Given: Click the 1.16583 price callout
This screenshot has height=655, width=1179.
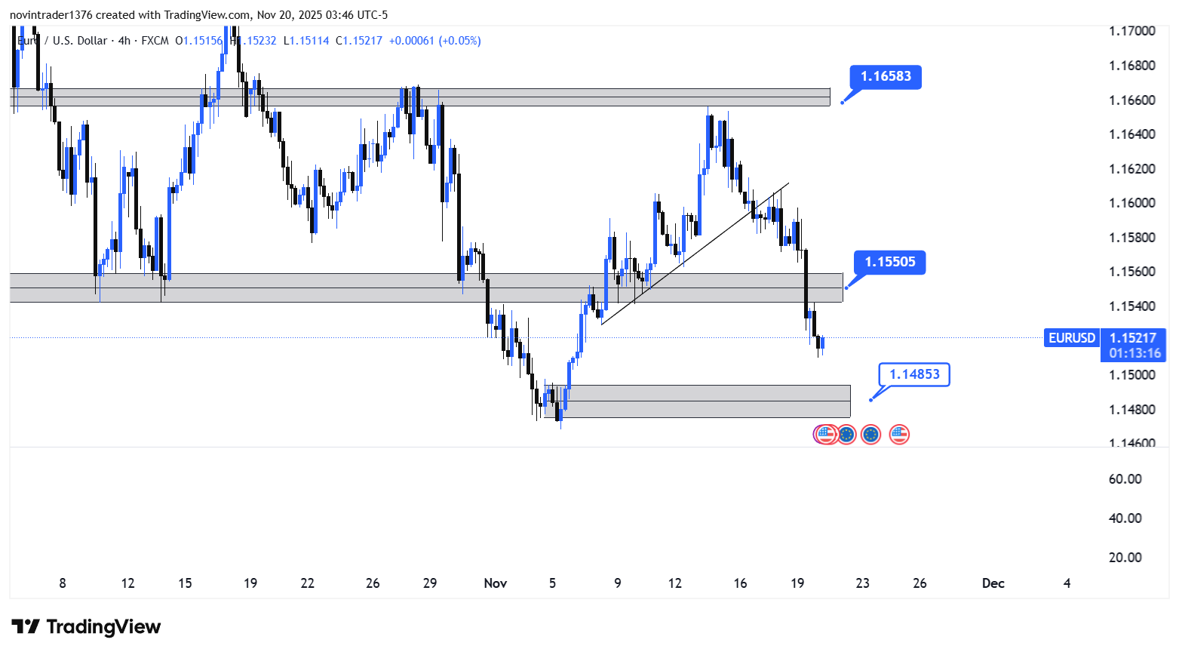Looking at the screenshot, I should click(886, 77).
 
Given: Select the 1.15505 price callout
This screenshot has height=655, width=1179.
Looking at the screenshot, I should click(889, 263).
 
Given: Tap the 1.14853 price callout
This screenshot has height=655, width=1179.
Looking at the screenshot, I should click(914, 374).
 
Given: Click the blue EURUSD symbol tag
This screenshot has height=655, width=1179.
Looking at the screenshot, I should click(1071, 338).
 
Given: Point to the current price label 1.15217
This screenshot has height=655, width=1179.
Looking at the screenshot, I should click(1133, 338).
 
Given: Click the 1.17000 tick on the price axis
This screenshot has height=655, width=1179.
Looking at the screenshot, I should click(1131, 31).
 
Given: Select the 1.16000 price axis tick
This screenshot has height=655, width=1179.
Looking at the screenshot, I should click(1131, 203).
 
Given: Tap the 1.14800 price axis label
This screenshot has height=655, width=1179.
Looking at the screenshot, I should click(1131, 410).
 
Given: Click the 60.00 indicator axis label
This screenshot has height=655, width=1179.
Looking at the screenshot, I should click(1125, 479).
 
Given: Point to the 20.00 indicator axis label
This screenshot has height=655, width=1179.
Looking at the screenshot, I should click(1125, 558).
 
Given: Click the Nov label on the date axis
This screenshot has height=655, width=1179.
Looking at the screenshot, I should click(496, 583).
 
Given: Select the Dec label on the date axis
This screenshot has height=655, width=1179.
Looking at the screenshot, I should click(993, 583).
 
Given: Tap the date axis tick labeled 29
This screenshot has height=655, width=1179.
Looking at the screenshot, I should click(430, 583).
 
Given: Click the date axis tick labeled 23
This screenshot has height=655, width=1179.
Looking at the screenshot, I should click(862, 583).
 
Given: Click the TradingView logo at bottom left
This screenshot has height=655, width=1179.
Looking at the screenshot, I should click(86, 627).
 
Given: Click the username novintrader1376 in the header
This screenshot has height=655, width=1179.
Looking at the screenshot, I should click(51, 15).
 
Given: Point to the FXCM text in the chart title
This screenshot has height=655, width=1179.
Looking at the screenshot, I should click(155, 41).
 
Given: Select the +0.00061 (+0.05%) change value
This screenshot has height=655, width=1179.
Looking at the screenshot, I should click(434, 41).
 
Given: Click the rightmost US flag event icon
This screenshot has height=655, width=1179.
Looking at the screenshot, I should click(898, 434).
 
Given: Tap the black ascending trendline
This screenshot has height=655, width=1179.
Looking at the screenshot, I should click(694, 254).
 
